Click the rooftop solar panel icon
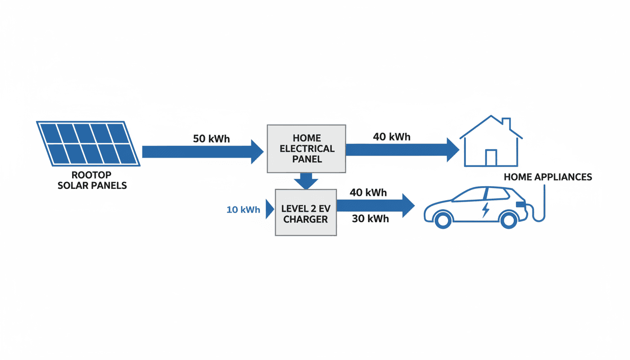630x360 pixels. [x=88, y=143]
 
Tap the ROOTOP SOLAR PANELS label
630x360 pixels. [x=92, y=180]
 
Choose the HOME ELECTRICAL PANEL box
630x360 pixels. [x=306, y=149]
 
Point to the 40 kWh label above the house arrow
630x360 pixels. [x=391, y=137]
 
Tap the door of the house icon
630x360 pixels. [x=491, y=157]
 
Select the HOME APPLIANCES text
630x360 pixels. [x=547, y=177]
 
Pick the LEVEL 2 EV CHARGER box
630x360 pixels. [x=306, y=212]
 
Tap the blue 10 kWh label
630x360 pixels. [x=243, y=210]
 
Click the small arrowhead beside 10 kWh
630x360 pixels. [x=270, y=209]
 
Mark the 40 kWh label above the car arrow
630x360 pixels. [x=368, y=192]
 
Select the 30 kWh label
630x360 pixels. [x=370, y=219]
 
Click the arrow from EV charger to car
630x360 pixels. [x=375, y=205]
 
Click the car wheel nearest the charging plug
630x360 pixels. [x=508, y=219]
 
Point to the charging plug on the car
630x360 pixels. [x=520, y=205]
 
